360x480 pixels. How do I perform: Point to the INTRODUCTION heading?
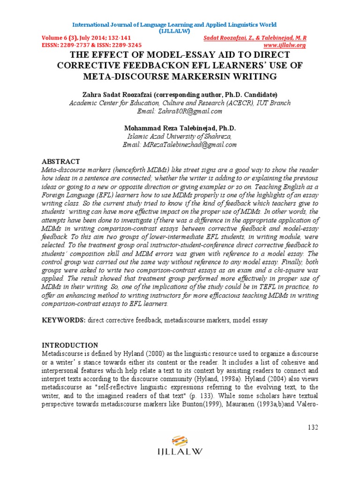70,345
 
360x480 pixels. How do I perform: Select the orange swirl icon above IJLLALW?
180,441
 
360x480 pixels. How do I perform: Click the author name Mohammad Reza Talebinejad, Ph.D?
180,128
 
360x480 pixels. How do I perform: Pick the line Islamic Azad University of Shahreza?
179,136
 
